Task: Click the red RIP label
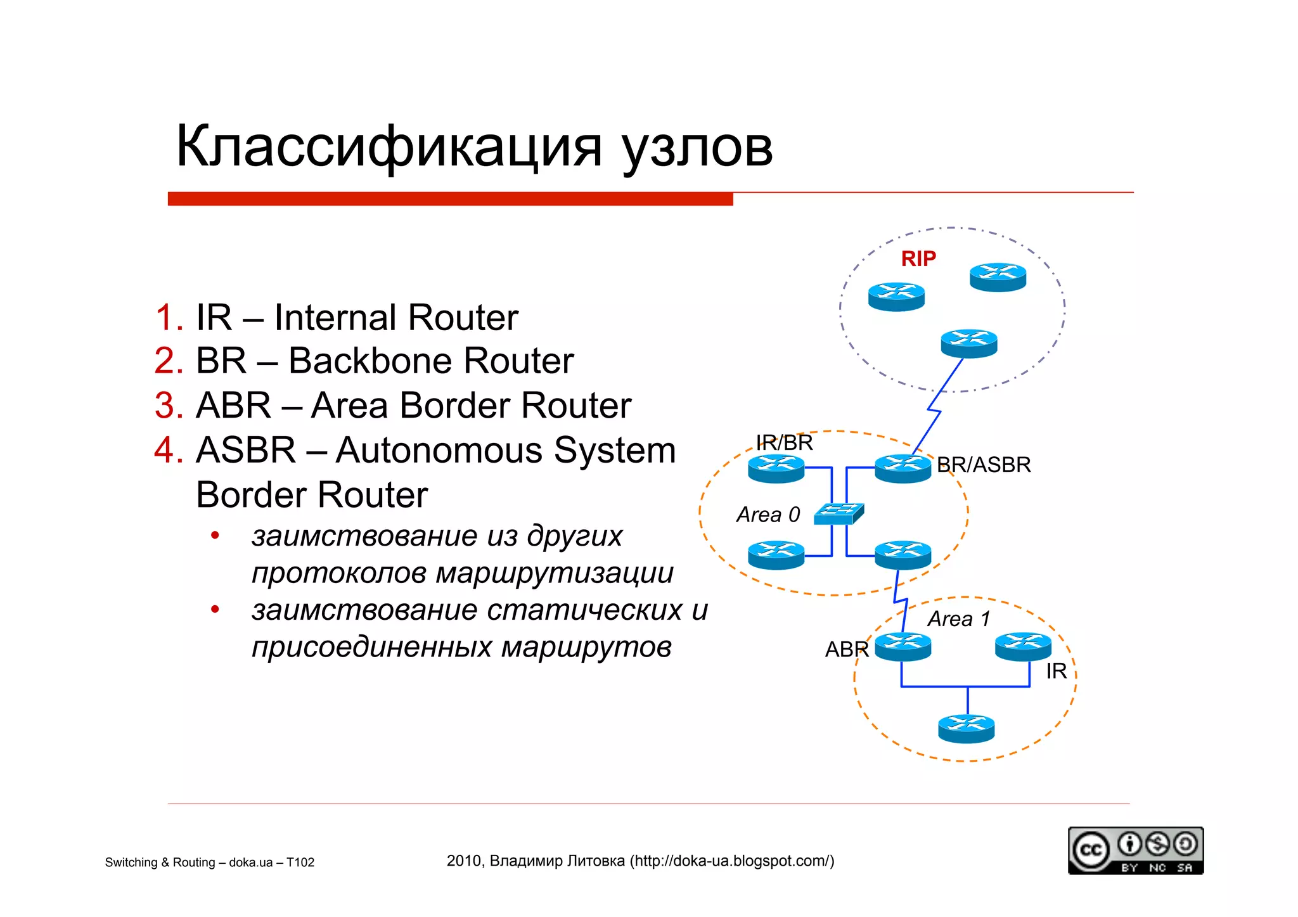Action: pyautogui.click(x=918, y=259)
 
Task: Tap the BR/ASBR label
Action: pyautogui.click(x=983, y=465)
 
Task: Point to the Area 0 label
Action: pyautogui.click(x=768, y=515)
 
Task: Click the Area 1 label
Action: pyautogui.click(x=958, y=619)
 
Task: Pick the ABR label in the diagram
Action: pyautogui.click(x=846, y=650)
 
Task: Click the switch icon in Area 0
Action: pyautogui.click(x=839, y=513)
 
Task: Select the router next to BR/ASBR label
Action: pyautogui.click(x=903, y=469)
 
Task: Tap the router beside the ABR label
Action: pyautogui.click(x=903, y=647)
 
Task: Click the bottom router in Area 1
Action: pyautogui.click(x=966, y=729)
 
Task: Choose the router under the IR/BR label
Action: pyautogui.click(x=776, y=469)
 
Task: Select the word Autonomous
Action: pyautogui.click(x=441, y=450)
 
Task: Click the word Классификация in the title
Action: pyautogui.click(x=388, y=147)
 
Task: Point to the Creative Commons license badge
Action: pyautogui.click(x=1135, y=850)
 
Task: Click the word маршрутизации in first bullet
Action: pyautogui.click(x=555, y=573)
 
